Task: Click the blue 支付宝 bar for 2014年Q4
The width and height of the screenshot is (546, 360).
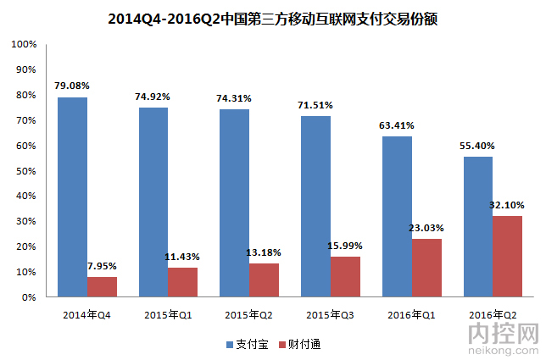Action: pyautogui.click(x=72, y=197)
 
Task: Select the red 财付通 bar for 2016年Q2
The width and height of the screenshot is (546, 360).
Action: pyautogui.click(x=508, y=257)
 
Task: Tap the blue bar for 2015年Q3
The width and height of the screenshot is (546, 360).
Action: pyautogui.click(x=316, y=207)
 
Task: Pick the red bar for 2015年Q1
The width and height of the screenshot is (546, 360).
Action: pyautogui.click(x=182, y=283)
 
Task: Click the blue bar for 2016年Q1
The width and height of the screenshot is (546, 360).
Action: pyautogui.click(x=398, y=217)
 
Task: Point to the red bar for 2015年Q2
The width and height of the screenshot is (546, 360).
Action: pyautogui.click(x=264, y=280)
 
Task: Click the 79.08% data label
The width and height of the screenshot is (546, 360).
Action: pyautogui.click(x=72, y=86)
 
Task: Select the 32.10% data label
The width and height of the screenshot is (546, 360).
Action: pyautogui.click(x=507, y=205)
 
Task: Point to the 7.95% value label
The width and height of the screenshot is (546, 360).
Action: pyautogui.click(x=102, y=266)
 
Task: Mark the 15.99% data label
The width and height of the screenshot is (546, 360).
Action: pyautogui.click(x=346, y=246)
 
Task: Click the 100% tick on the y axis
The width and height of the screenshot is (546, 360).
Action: pyautogui.click(x=25, y=44)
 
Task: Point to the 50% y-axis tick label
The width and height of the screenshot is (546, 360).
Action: pyautogui.click(x=27, y=171)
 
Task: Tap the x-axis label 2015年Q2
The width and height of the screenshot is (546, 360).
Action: pyautogui.click(x=248, y=314)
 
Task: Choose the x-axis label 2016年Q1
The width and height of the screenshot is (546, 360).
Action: pyautogui.click(x=410, y=314)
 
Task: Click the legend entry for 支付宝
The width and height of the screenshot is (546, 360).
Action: pyautogui.click(x=246, y=345)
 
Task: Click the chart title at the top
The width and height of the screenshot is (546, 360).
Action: pyautogui.click(x=273, y=18)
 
